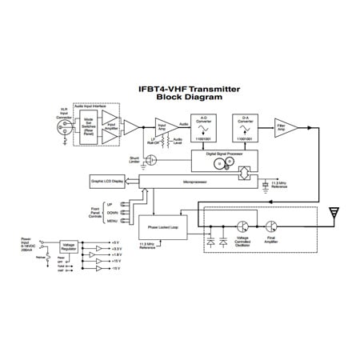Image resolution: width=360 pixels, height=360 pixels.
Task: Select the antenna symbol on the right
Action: click(335, 213)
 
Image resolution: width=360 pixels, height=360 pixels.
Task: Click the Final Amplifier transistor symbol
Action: click(274, 228)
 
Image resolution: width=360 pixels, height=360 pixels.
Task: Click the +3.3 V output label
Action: click(117, 250)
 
